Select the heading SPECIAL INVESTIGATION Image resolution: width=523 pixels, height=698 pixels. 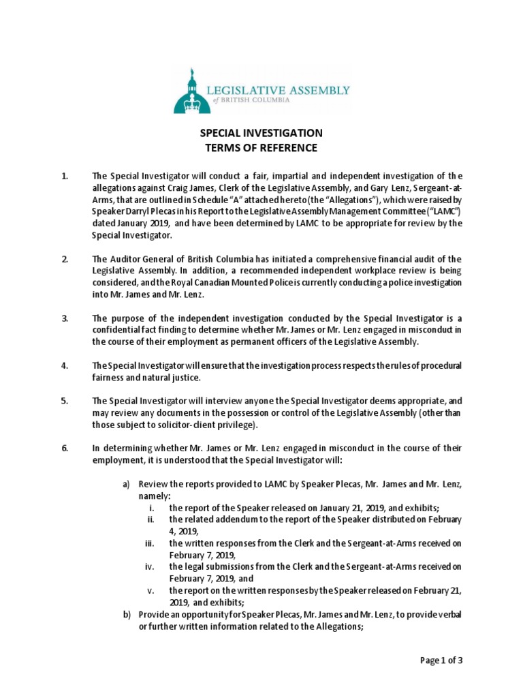click(261, 134)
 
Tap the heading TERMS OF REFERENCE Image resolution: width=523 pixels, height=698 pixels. click(261, 148)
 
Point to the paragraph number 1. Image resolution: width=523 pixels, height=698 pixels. click(65, 177)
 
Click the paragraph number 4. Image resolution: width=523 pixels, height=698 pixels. click(65, 366)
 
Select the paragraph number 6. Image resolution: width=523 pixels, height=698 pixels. click(65, 448)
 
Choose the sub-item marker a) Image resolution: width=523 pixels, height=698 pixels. click(126, 484)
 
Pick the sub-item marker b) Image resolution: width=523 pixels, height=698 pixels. click(126, 614)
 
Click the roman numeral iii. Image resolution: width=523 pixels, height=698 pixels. click(150, 543)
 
